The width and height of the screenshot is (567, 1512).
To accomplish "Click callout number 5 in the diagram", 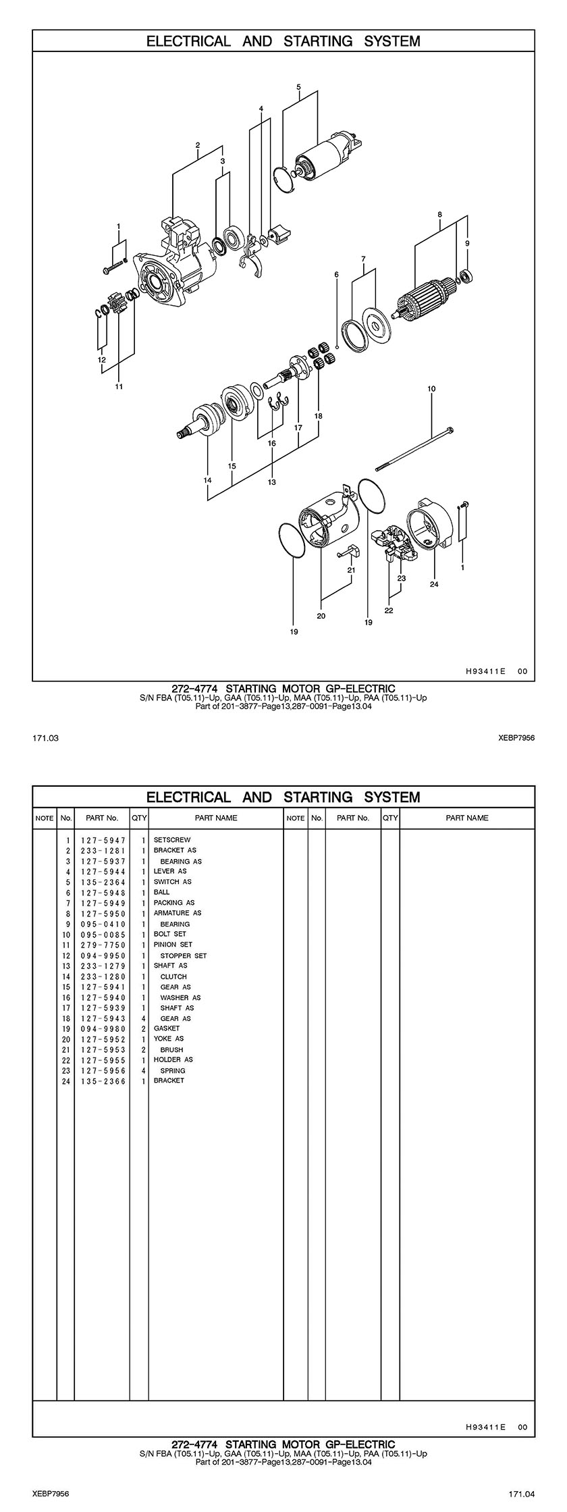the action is tap(298, 86).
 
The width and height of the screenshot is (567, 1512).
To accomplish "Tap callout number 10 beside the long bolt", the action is tap(431, 389).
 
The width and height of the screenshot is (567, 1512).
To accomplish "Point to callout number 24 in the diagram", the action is tap(434, 584).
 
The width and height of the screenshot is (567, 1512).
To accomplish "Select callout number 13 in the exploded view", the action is tap(272, 482).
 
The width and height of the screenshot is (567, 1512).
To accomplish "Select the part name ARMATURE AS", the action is tap(178, 912).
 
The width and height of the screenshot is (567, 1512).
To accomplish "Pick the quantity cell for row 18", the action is tap(143, 1018).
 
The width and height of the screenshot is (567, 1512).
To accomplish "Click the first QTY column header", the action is tap(139, 818).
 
